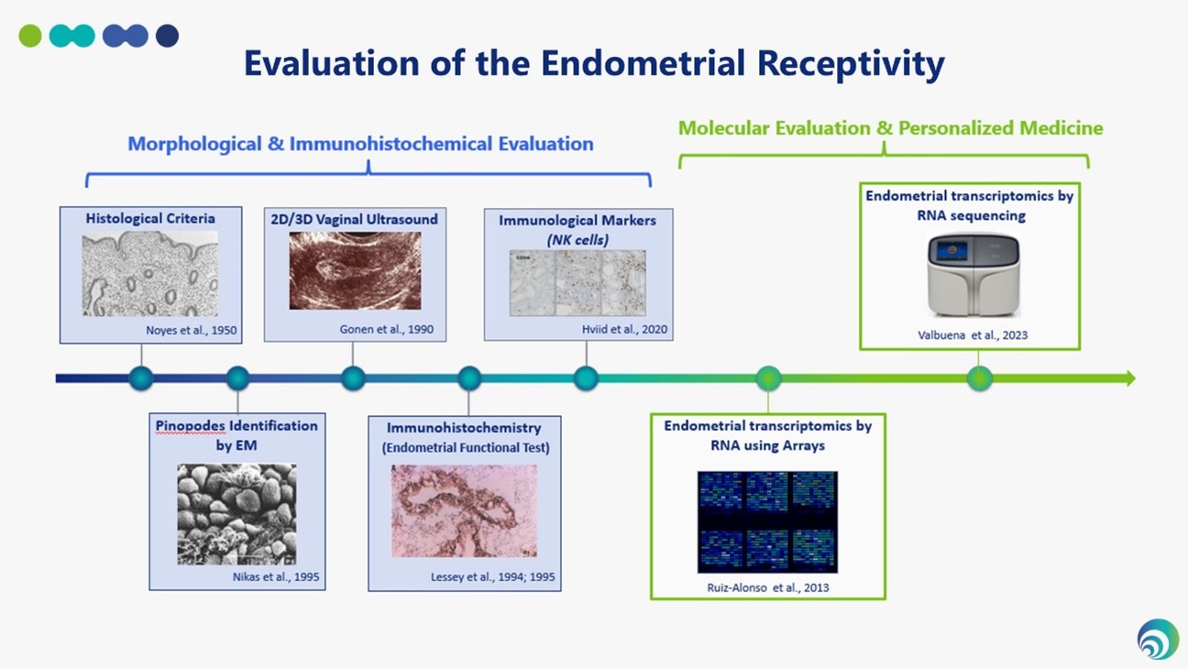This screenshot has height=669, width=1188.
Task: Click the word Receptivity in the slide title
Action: tap(851, 64)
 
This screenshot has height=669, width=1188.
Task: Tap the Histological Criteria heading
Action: tap(150, 218)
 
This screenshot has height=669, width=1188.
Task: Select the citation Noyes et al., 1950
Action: tap(191, 330)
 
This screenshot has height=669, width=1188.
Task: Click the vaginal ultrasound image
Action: tap(356, 270)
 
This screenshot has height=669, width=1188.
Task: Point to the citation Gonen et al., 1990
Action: tap(387, 329)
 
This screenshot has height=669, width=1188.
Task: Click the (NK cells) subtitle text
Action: tap(577, 240)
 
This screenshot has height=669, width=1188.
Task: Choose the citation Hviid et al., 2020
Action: tap(624, 329)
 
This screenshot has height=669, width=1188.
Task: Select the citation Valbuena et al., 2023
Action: tap(973, 335)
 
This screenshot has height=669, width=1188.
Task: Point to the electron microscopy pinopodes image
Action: tap(237, 514)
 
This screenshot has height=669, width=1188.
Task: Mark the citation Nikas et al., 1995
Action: tap(276, 576)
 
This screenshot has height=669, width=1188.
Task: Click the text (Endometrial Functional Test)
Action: tap(466, 448)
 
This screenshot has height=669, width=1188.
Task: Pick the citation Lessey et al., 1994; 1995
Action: tap(492, 576)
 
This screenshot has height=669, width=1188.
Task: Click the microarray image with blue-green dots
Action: tap(767, 522)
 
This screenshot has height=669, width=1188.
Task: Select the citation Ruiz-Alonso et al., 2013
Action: tap(768, 587)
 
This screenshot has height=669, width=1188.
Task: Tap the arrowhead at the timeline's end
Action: tap(1130, 378)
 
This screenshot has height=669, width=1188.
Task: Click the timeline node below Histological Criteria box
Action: tap(141, 378)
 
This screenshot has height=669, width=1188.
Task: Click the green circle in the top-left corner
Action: tap(30, 36)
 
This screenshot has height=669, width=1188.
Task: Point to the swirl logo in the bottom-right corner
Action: tap(1158, 639)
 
